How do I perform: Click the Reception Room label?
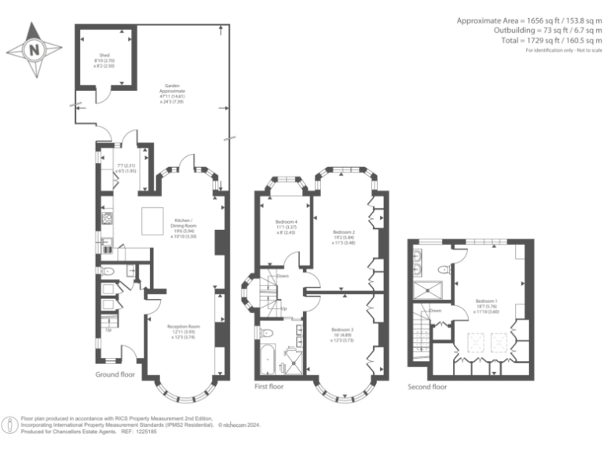[184, 334]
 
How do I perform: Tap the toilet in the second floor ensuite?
[444, 270]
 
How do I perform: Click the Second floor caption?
[428, 387]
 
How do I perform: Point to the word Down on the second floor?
[436, 311]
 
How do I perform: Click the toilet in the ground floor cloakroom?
[111, 272]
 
